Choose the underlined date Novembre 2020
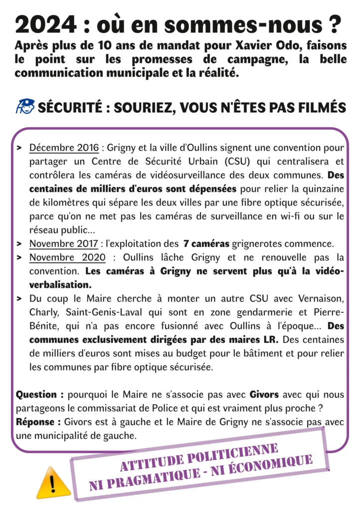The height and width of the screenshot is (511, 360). click(68, 258)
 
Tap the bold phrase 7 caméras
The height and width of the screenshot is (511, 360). click(206, 244)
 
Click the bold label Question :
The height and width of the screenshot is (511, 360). click(40, 395)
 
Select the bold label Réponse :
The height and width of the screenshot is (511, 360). click(38, 422)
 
